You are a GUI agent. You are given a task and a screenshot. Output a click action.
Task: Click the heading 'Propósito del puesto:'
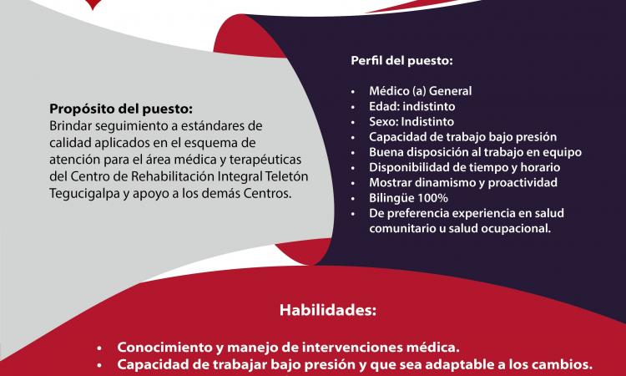tap(120, 109)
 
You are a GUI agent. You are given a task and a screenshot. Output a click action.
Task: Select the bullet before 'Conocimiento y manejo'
tap(100, 347)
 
